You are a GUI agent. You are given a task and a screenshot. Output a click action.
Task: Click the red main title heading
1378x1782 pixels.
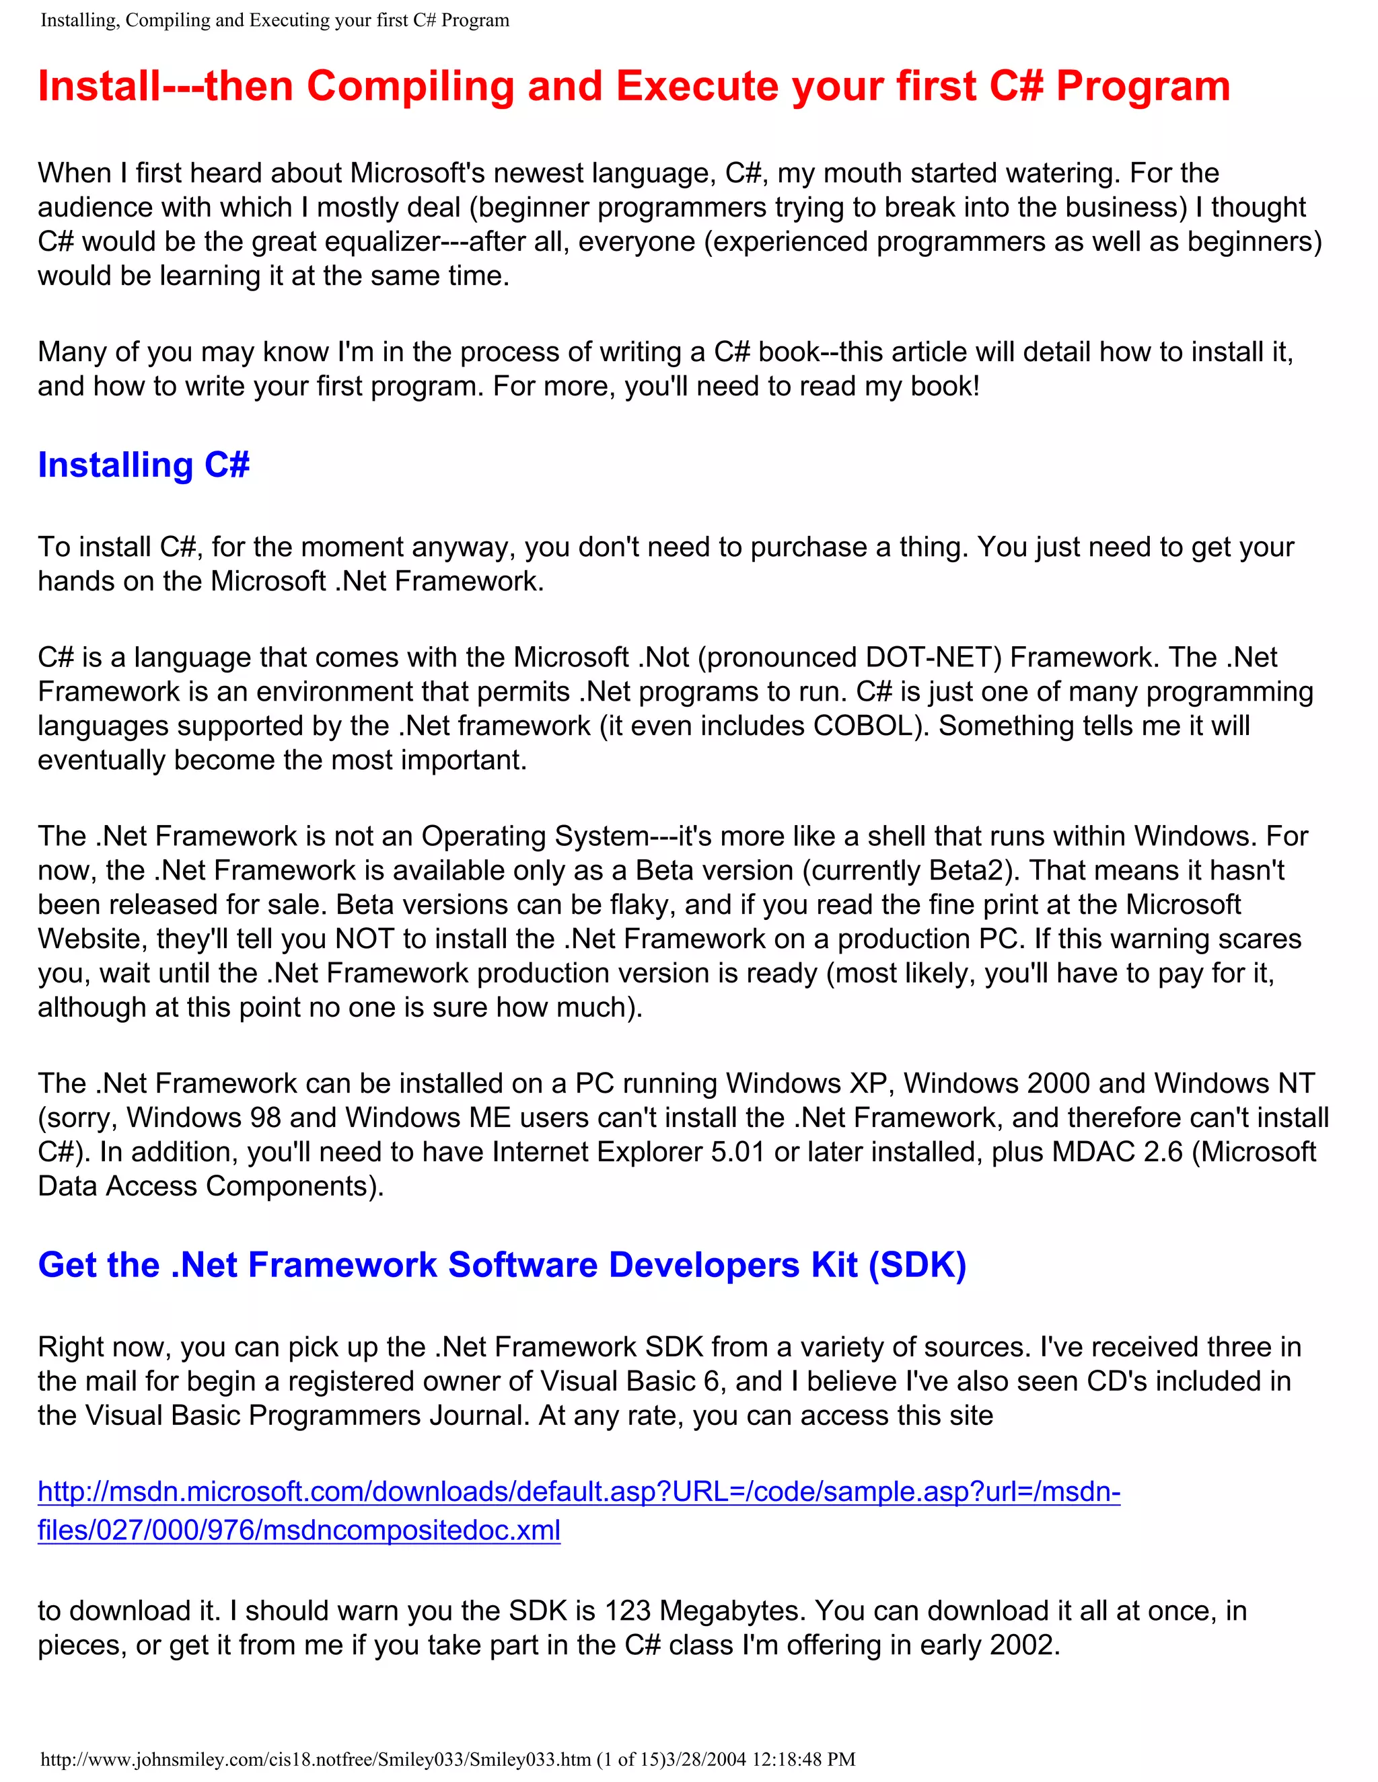pos(633,85)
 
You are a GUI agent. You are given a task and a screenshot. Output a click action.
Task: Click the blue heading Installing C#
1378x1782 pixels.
pos(144,465)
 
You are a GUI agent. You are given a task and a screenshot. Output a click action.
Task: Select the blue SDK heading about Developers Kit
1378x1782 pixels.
pos(502,1265)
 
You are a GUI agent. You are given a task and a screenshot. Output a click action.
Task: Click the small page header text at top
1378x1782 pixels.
pos(275,20)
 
